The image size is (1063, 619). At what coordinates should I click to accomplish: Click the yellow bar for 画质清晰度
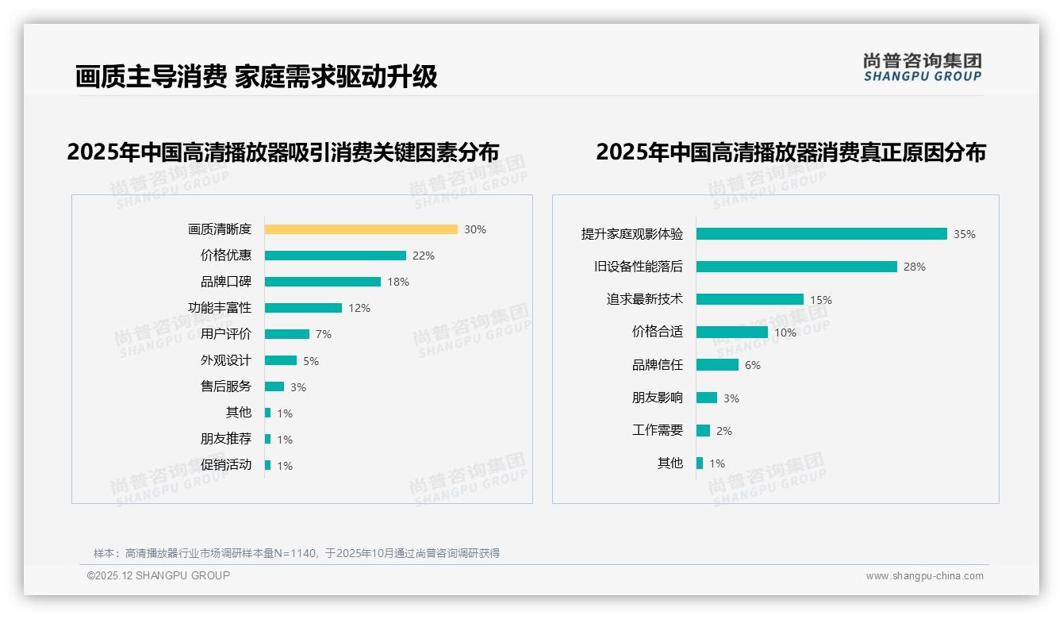(361, 229)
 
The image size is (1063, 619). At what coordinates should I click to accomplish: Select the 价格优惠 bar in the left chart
(335, 256)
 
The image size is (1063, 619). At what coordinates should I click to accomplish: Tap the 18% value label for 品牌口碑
(398, 282)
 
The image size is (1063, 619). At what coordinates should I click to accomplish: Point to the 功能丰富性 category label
(219, 308)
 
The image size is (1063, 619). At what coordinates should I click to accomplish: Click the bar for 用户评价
(286, 334)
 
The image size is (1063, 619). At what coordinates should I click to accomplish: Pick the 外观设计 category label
(225, 360)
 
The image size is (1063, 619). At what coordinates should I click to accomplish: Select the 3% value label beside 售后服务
(297, 387)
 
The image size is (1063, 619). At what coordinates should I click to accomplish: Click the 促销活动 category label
(225, 465)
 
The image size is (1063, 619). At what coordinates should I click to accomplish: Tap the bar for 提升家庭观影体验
(821, 234)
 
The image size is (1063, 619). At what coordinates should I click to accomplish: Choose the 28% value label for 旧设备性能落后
(914, 267)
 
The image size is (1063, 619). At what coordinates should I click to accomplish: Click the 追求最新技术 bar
(750, 299)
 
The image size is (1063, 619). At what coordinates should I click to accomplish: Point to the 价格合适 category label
(657, 332)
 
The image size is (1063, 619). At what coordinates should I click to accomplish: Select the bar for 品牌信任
(717, 365)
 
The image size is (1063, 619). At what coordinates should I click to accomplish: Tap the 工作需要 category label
(657, 430)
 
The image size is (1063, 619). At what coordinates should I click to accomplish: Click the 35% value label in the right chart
(964, 234)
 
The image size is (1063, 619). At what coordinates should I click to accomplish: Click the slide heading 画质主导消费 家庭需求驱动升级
(255, 77)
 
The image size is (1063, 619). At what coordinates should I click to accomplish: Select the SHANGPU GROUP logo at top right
(922, 67)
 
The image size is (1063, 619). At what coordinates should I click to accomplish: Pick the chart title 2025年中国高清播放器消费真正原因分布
(790, 152)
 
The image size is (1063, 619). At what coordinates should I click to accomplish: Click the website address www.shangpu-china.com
(924, 576)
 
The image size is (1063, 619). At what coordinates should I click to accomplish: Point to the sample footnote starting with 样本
(297, 553)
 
